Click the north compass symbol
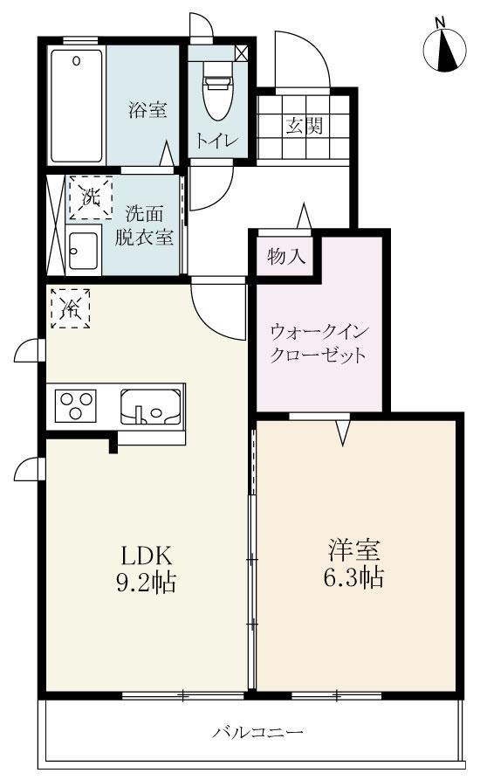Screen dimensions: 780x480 [x=445, y=48]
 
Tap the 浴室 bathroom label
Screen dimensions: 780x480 [x=147, y=110]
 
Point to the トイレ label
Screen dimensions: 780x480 [x=213, y=141]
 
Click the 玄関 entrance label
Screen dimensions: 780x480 [x=305, y=125]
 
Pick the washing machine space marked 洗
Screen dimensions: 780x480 [x=91, y=197]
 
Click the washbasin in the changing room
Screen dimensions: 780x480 [x=82, y=249]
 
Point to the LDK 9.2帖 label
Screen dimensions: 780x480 [x=147, y=568]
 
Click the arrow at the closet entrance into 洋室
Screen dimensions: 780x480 [x=343, y=431]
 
